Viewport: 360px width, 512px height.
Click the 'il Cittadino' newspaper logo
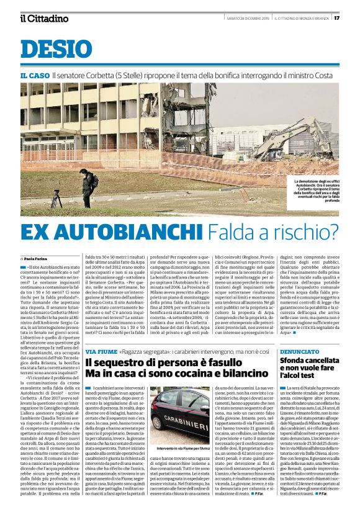coord(44,18)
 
